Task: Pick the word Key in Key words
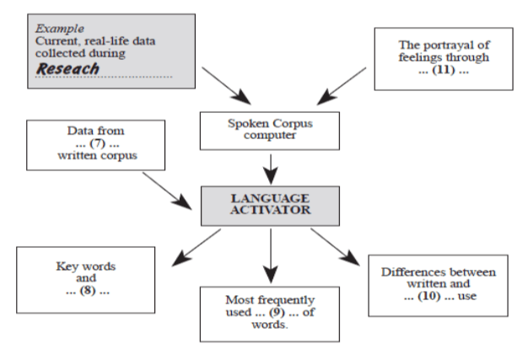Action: [x=64, y=266]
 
